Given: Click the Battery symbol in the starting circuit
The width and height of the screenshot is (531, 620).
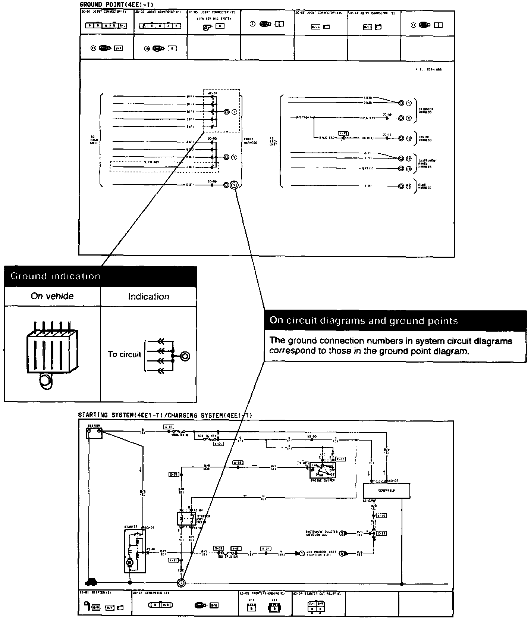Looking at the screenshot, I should coord(94,433).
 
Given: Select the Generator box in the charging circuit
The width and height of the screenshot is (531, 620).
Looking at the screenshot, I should coord(386,490).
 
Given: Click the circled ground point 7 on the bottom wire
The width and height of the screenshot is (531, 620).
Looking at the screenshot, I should coord(181,583).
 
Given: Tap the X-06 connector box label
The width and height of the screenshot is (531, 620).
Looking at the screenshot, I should coord(238,463).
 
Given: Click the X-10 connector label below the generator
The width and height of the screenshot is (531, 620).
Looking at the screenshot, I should coord(381,516).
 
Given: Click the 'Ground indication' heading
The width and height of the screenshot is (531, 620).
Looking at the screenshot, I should coord(55,276).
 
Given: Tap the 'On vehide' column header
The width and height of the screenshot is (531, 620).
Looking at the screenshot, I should coord(52,296).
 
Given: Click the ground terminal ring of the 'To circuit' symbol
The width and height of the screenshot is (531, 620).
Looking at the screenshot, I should coord(185,356).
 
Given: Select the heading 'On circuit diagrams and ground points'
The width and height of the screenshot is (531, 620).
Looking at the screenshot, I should coord(364,320).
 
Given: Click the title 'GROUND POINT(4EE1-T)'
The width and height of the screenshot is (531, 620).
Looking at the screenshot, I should coord(116,4).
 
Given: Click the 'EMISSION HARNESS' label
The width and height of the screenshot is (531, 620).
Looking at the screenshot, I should coord(425,111).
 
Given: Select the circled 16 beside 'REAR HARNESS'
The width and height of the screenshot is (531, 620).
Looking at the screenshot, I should coord(409,186).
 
